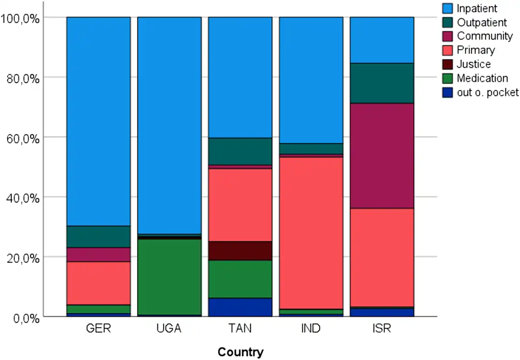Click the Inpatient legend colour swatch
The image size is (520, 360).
448,8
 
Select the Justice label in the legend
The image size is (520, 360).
474,64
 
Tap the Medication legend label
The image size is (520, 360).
482,78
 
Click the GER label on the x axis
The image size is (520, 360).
99,328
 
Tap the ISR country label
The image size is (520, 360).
382,328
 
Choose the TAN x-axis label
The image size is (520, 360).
240,328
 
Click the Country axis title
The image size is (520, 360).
240,352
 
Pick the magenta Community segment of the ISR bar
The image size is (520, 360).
382,156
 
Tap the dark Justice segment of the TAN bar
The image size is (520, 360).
240,250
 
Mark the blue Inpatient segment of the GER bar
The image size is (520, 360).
99,121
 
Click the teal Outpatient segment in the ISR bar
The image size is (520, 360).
382,83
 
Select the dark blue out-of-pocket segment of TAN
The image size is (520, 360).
240,307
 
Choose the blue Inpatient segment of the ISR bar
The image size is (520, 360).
382,40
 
